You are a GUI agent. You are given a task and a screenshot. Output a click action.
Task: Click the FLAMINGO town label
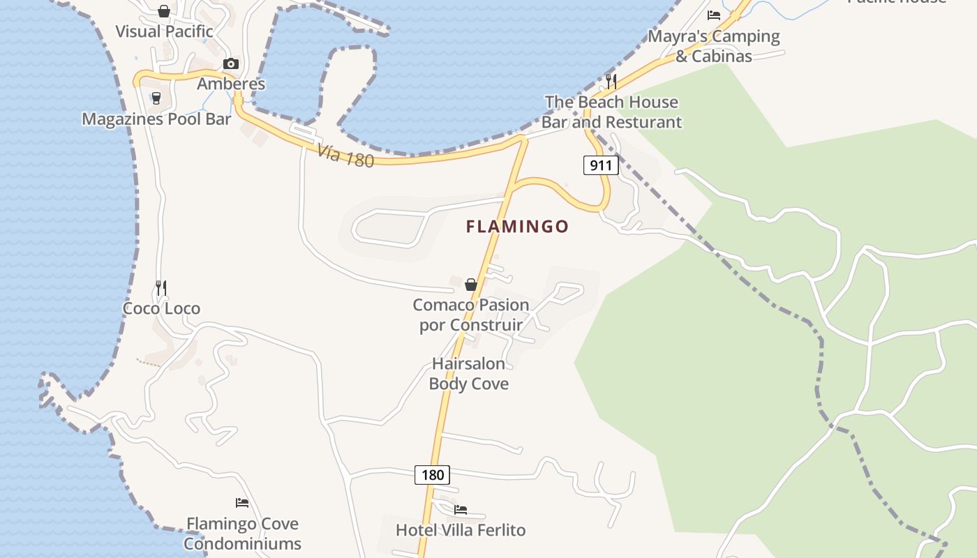[x=518, y=227]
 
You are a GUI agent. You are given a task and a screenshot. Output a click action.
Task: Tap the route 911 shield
[x=600, y=165]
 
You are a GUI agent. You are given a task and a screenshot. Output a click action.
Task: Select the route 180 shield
[x=433, y=475]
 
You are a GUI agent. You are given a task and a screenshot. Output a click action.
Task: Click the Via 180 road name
[x=345, y=156]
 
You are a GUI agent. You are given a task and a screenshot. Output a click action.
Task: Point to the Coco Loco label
[x=161, y=308]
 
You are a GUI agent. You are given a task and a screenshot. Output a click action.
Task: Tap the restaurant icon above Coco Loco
[x=161, y=287]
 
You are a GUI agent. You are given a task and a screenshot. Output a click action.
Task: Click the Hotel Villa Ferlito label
[x=461, y=530]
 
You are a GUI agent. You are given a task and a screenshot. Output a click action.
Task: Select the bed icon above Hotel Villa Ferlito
[x=461, y=510]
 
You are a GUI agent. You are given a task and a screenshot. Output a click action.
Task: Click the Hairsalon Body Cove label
[x=469, y=374]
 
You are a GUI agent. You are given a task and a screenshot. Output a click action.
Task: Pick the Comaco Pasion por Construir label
[x=471, y=315]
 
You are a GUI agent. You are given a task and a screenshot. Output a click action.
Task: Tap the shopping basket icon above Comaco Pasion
[x=471, y=284]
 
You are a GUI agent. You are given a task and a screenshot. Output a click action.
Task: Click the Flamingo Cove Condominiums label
[x=242, y=534]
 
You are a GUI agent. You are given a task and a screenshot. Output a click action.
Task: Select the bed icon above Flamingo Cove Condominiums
[x=242, y=502]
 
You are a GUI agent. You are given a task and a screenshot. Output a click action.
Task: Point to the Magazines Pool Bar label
[x=156, y=119]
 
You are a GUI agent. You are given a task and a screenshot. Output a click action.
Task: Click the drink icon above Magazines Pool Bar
[x=156, y=98]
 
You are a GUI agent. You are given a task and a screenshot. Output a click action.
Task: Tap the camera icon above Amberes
[x=231, y=64]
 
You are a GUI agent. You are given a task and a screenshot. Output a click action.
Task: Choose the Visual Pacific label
[x=164, y=31]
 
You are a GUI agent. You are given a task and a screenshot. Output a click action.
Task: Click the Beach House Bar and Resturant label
[x=611, y=112]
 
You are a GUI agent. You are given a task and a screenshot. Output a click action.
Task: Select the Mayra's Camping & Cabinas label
[x=714, y=46]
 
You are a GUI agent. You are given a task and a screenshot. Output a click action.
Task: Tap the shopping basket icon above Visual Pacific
[x=164, y=11]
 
